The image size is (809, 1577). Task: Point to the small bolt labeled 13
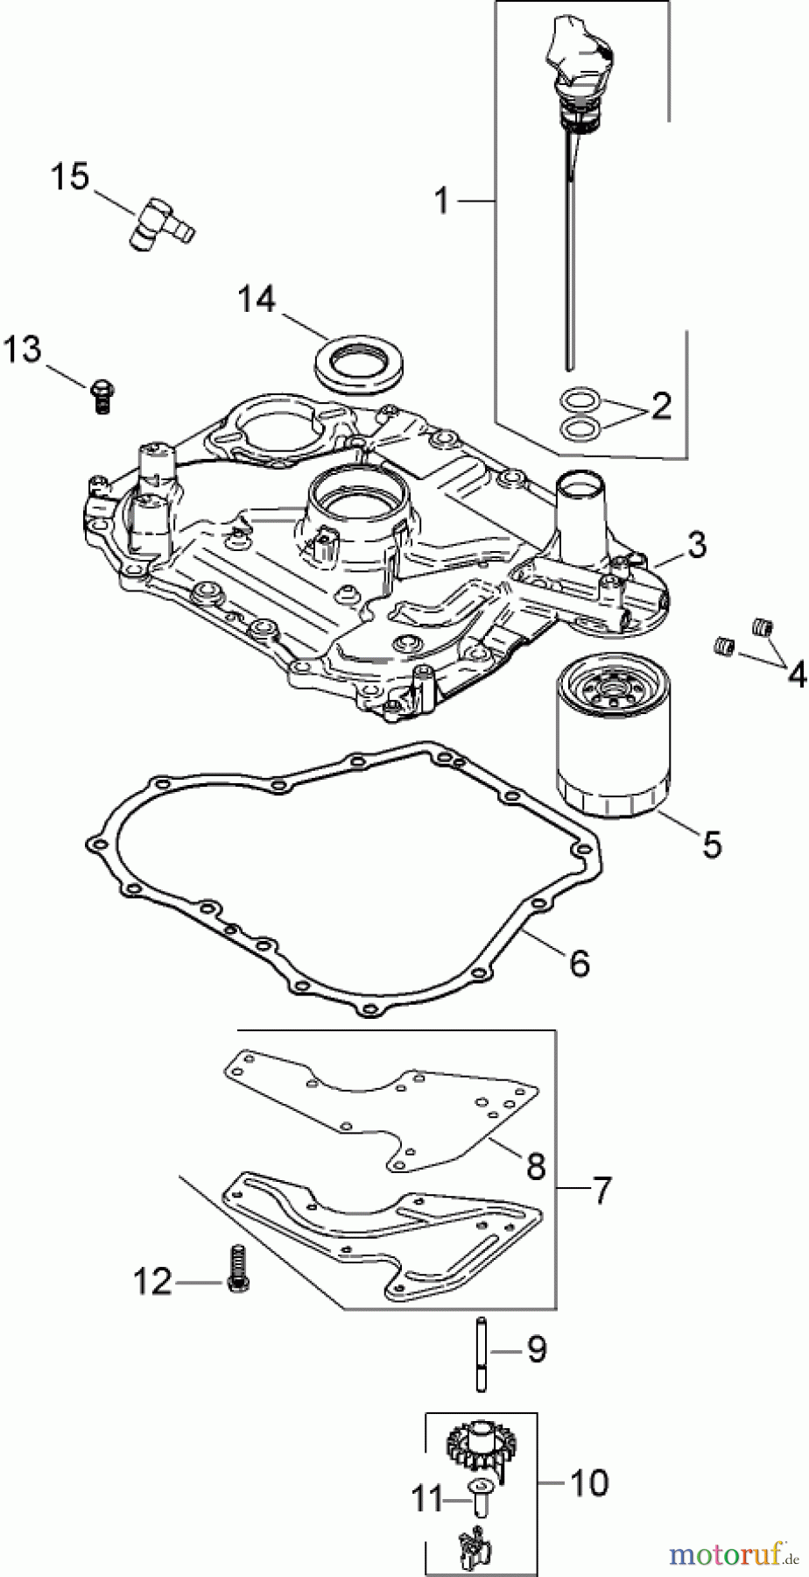102,393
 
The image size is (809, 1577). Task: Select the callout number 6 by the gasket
580,963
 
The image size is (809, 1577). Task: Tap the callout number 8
536,1166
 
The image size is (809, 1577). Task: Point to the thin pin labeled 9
481,1353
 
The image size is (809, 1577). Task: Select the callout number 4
796,675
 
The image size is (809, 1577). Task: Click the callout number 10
588,1483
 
